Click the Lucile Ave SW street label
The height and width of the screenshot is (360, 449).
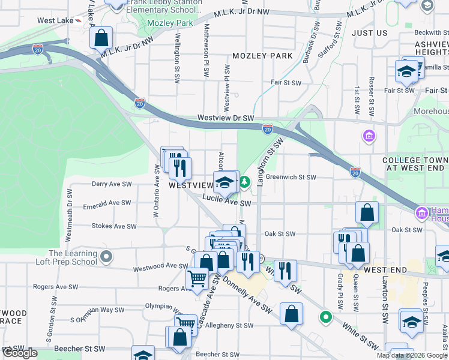click(x=226, y=203)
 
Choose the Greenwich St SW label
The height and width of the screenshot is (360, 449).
click(x=291, y=177)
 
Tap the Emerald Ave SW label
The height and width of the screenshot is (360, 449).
click(x=107, y=204)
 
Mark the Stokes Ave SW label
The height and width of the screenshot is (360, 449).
click(x=113, y=226)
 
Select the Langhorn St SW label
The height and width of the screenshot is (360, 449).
click(x=270, y=161)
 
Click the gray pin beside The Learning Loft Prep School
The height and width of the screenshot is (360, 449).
click(x=106, y=257)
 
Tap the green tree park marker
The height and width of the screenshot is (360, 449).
click(x=245, y=181)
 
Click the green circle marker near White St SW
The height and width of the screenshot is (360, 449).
click(x=326, y=316)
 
